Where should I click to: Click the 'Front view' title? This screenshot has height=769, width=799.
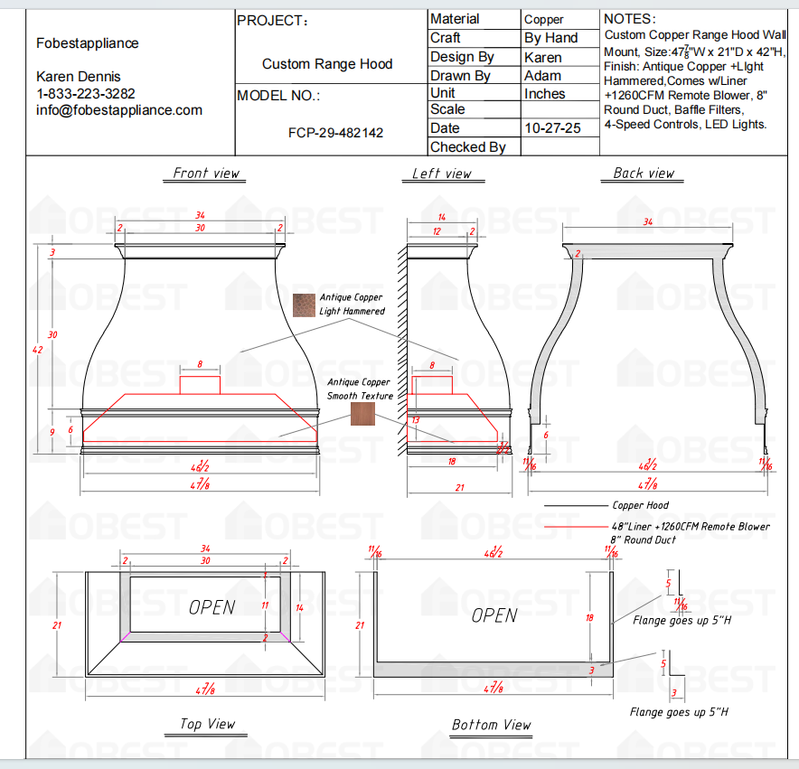206,173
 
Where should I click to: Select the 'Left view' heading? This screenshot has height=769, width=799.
442,173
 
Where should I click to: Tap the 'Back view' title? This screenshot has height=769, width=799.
644,173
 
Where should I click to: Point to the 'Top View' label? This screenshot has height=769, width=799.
207,724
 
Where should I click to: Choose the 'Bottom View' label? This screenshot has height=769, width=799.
492,725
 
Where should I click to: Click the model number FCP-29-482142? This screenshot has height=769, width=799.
335,133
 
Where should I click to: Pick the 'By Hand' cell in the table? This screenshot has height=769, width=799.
550,38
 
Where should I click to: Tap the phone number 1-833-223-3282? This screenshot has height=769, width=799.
86,93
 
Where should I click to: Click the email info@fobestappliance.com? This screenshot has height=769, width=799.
119,110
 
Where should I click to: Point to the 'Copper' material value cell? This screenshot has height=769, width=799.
544,19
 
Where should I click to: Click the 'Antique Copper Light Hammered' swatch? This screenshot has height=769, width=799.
304,305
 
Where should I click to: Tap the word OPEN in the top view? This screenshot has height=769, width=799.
212,607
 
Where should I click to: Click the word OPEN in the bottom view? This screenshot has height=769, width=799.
494,615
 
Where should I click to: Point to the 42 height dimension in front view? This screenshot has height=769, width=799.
37,350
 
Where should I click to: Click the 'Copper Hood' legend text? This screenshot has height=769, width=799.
640,505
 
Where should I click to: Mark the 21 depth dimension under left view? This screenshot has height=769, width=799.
459,488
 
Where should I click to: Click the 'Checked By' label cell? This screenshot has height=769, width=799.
467,147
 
